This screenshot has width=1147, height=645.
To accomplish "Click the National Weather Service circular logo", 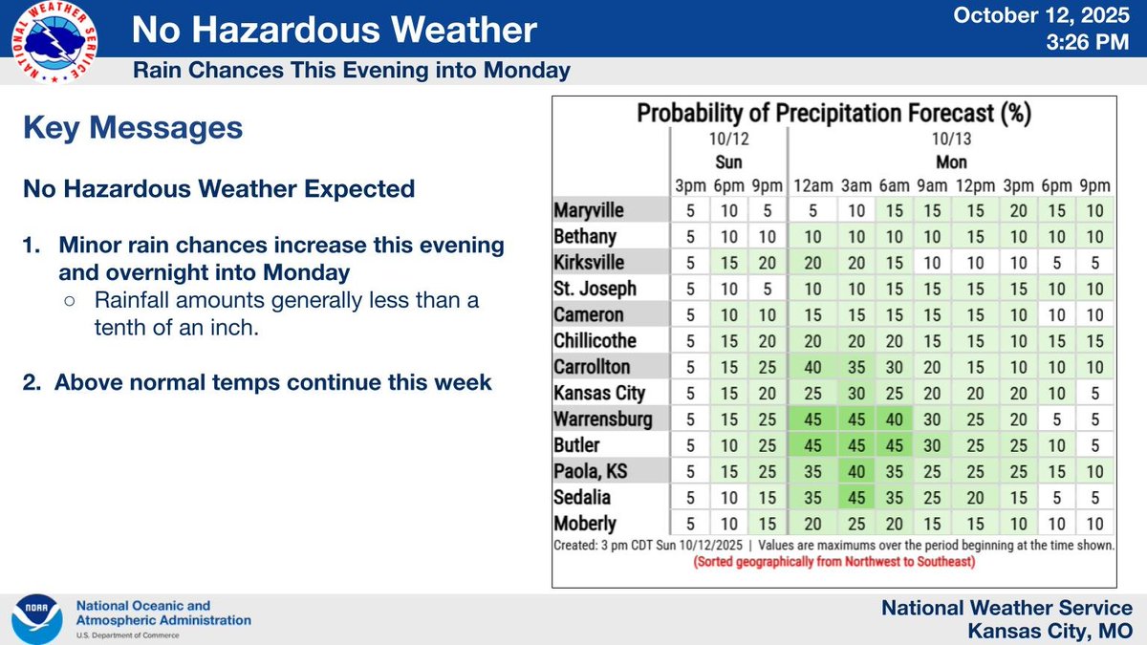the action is [x=54, y=42].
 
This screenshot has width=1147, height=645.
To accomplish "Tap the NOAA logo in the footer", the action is [x=37, y=619].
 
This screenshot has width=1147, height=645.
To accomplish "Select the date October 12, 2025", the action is [x=1041, y=15].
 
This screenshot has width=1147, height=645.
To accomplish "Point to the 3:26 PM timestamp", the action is [x=1088, y=42].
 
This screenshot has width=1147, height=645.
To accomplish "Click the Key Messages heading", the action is [x=133, y=127].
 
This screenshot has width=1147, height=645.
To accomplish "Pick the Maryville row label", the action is [x=589, y=210].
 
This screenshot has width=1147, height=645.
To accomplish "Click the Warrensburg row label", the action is [x=603, y=419].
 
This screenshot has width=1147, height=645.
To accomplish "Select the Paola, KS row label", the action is [x=591, y=471].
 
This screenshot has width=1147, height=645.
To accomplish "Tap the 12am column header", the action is [x=813, y=185].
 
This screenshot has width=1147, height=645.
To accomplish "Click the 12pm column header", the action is [x=976, y=185].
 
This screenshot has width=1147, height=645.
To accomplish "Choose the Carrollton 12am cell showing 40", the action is [x=813, y=367].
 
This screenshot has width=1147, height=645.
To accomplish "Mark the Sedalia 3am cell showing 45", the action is [x=856, y=498].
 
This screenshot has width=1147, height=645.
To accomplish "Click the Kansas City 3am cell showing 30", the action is [x=856, y=393].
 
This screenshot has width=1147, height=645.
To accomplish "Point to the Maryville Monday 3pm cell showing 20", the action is [x=1019, y=210].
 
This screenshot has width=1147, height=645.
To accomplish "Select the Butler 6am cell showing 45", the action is [x=894, y=445].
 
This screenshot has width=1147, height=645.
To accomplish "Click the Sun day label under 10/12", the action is [x=728, y=162].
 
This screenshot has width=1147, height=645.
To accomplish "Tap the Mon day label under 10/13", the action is [x=951, y=162].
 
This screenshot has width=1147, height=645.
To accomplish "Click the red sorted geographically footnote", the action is [x=834, y=562].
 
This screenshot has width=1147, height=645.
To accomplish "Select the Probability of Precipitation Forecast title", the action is [x=834, y=113].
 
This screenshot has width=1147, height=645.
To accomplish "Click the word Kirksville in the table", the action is [x=589, y=263].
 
